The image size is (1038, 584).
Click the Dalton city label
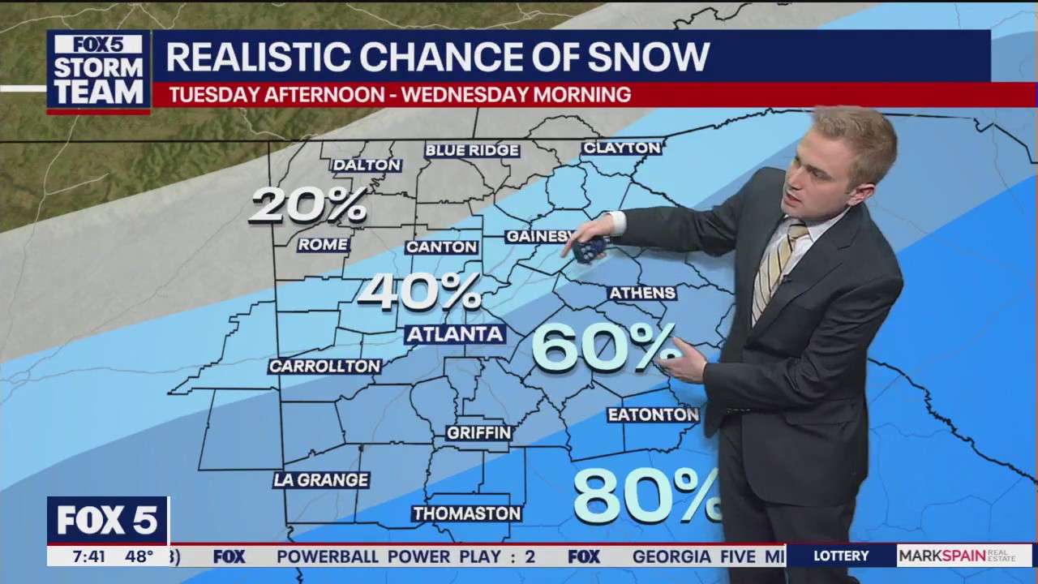[x=367, y=165]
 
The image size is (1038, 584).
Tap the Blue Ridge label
[x=472, y=150]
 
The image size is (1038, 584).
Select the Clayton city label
[x=622, y=148]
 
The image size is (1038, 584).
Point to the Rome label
[x=323, y=244]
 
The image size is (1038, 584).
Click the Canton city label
[x=441, y=247]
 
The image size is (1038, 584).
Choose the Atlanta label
[x=455, y=333]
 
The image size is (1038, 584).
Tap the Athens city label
[x=642, y=293]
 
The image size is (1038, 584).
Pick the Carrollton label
[x=324, y=367]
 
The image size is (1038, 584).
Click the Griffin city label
[x=479, y=433]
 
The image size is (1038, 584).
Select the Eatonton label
[x=653, y=415]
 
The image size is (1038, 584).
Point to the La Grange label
[x=321, y=480]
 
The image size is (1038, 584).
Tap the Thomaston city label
[x=466, y=513]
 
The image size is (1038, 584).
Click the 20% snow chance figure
[x=308, y=205]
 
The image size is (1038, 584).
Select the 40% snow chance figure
[x=419, y=291]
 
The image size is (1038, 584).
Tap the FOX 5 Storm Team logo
[x=98, y=71]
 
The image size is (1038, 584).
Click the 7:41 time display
[x=88, y=556]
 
